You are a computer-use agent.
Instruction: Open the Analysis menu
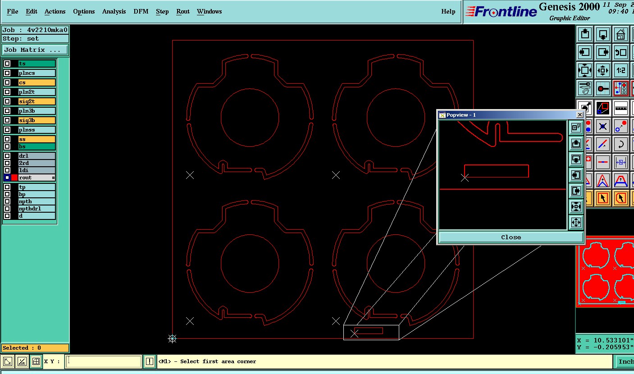pyautogui.click(x=114, y=12)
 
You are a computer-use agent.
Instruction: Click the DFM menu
pyautogui.click(x=141, y=12)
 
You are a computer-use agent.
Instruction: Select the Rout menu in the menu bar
pyautogui.click(x=183, y=12)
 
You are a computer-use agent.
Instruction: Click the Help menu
pyautogui.click(x=448, y=12)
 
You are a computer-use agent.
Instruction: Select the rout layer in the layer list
pyautogui.click(x=36, y=178)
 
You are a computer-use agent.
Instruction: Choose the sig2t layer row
pyautogui.click(x=36, y=101)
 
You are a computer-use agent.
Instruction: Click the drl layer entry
pyautogui.click(x=36, y=156)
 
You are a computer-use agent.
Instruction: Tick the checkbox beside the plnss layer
pyautogui.click(x=7, y=130)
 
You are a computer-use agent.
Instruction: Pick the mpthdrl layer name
pyautogui.click(x=30, y=209)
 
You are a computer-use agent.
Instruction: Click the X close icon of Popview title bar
pyautogui.click(x=579, y=114)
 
